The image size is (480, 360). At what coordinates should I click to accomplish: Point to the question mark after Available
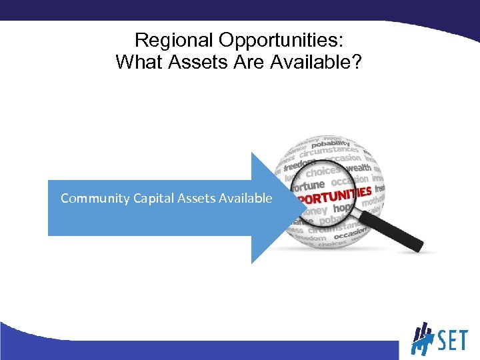(357, 62)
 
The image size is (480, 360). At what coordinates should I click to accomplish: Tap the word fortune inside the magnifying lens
(307, 185)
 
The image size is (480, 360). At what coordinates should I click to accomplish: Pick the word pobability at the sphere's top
(331, 143)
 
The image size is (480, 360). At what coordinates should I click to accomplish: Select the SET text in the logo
(453, 341)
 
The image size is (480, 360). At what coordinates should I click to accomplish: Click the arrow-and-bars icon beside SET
(423, 339)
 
